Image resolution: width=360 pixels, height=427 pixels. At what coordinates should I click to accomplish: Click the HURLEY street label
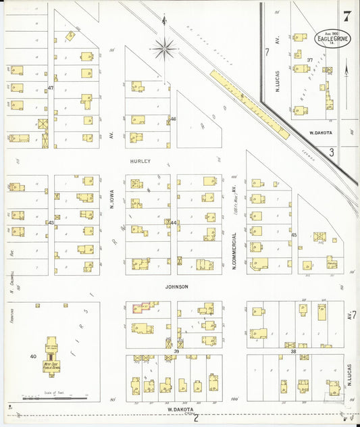pos(140,161)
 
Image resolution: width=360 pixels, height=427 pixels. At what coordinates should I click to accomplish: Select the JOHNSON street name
pos(175,286)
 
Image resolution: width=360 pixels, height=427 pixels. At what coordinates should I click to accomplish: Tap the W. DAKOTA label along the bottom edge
pos(180,409)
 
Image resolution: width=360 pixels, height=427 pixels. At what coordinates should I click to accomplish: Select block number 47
pos(51,89)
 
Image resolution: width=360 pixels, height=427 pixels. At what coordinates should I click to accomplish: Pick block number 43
pos(51,222)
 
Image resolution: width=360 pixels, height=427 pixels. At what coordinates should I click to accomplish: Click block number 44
pos(173,222)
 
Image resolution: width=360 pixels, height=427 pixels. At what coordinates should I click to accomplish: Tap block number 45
pos(294,234)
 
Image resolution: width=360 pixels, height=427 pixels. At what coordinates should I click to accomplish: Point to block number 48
pos(173,120)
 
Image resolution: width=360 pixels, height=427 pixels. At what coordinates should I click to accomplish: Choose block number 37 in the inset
pos(309,60)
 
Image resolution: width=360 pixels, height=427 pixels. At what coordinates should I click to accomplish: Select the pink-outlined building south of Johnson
pos(140,308)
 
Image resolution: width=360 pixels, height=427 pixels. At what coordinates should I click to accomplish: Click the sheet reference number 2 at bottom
pos(196,417)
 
